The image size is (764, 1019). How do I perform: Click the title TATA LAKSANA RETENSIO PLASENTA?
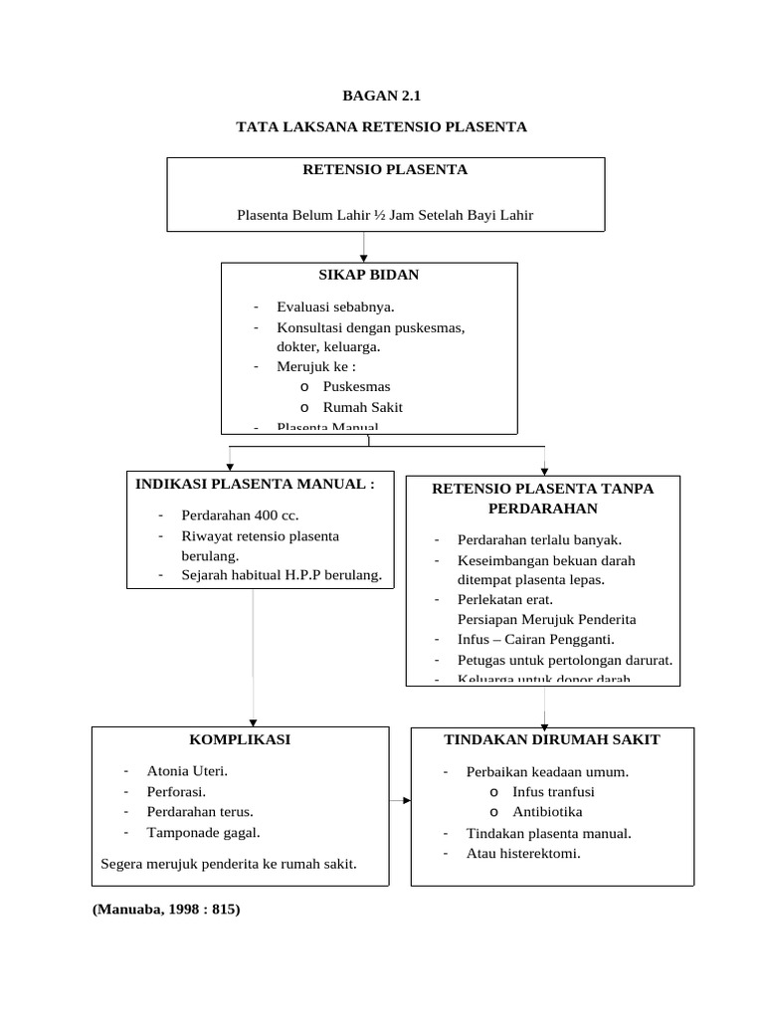click(381, 126)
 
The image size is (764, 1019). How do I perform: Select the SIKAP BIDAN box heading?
click(369, 274)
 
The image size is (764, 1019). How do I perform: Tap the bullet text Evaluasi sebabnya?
click(328, 306)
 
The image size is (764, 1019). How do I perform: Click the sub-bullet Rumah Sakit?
click(362, 406)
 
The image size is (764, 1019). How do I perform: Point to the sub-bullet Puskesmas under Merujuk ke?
click(356, 386)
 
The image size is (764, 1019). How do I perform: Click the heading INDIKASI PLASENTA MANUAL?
click(256, 484)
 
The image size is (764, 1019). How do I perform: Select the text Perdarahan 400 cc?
click(240, 515)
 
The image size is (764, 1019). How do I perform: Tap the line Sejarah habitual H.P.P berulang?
click(282, 574)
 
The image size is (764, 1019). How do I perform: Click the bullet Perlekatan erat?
click(504, 599)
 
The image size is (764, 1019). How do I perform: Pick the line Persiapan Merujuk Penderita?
click(546, 619)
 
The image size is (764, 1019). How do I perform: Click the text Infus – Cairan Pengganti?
click(535, 639)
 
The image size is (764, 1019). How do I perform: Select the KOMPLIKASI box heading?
click(240, 739)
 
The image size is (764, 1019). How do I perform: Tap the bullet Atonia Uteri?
click(187, 770)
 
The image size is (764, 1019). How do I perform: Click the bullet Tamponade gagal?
click(203, 833)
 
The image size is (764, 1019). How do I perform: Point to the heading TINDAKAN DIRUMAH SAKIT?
click(552, 739)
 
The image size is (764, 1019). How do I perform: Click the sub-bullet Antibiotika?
click(547, 812)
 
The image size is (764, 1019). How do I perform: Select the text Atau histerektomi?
click(523, 853)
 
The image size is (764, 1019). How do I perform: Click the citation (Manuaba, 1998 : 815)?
click(166, 909)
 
